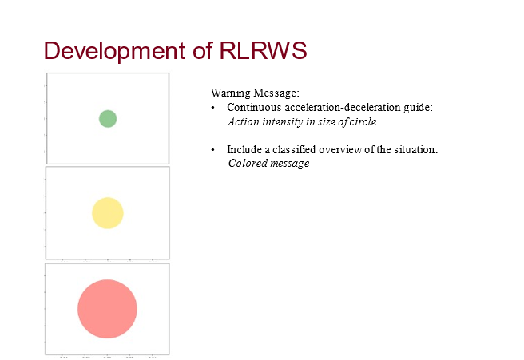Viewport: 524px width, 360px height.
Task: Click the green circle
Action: coord(108,118)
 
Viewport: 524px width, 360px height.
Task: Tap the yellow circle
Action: coord(108,213)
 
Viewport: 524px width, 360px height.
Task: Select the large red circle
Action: coord(107,309)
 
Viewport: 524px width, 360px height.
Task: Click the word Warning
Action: coord(230,93)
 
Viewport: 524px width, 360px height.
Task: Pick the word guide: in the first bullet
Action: coord(419,107)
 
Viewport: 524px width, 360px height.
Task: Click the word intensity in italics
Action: coord(284,122)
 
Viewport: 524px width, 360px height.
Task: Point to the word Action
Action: coord(244,122)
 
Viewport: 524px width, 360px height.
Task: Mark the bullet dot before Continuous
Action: coord(213,108)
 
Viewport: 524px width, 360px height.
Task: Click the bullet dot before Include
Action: coord(213,150)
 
